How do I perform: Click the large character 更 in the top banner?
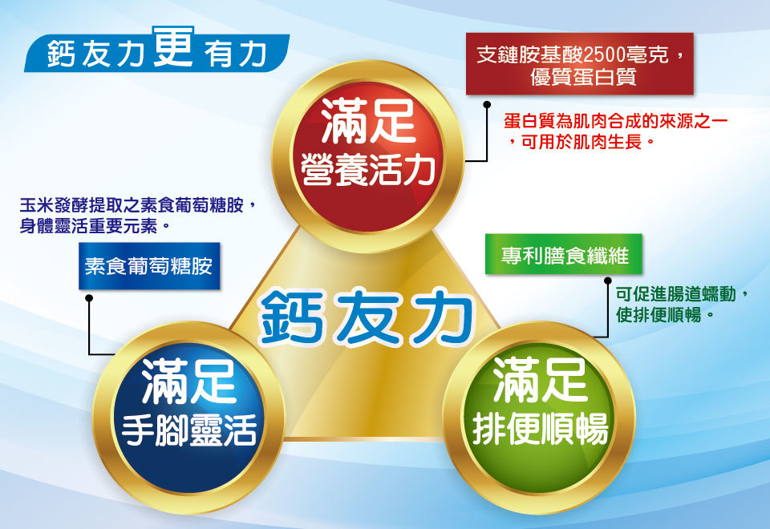[x=173, y=46]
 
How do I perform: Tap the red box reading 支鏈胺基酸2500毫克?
[x=579, y=64]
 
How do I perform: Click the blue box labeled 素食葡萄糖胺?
[x=149, y=266]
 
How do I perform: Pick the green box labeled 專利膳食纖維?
[x=563, y=254]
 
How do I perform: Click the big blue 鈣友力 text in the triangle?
[x=366, y=317]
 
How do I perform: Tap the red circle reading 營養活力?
[x=368, y=156]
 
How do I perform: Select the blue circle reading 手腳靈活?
[x=188, y=418]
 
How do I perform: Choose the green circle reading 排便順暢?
[x=539, y=418]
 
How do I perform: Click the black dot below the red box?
[x=487, y=104]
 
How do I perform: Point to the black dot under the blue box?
[x=89, y=298]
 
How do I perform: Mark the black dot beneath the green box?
[x=607, y=281]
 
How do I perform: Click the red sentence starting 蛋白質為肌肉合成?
[x=616, y=131]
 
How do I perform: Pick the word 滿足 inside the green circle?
[x=540, y=380]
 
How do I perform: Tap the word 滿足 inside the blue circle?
[x=188, y=381]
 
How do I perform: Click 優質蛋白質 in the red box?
[x=583, y=77]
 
